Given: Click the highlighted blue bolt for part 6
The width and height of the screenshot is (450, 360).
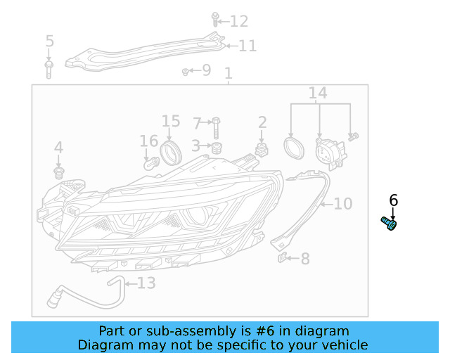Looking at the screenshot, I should [389, 223].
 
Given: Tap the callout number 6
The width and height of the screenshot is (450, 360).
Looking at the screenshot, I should [393, 200].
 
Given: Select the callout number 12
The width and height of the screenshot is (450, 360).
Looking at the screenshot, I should [239, 21].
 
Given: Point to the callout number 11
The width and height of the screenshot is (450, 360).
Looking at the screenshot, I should [247, 46].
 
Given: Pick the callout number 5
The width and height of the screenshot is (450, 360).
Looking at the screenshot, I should [49, 41].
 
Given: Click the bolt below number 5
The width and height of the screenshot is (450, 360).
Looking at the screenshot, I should [49, 68].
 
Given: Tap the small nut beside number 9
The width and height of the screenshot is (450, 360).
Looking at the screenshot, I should [185, 71].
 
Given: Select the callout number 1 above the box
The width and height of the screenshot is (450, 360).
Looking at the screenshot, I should [228, 74].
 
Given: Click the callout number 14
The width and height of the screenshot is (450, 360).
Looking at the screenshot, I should [318, 94].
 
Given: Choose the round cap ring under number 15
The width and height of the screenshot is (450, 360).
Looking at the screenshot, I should [169, 150].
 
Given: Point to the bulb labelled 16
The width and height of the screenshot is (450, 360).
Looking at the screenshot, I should [149, 163].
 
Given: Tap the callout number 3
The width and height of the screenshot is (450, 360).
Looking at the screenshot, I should [197, 146].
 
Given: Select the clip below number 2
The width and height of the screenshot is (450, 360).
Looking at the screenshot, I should [262, 150].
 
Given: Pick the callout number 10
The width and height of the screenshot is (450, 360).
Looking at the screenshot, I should [342, 204].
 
